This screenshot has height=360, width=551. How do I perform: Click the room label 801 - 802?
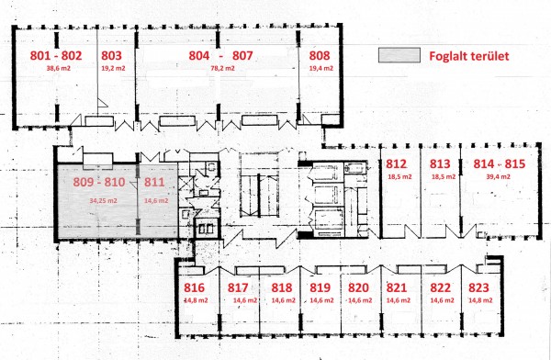click(56, 55)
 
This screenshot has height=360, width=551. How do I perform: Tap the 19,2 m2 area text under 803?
click(113, 68)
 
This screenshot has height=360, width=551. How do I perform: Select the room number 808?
click(320, 55)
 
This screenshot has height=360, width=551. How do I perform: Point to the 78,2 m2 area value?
click(222, 68)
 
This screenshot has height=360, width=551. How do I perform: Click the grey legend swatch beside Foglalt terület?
click(399, 55)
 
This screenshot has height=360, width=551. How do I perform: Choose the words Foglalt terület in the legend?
click(468, 56)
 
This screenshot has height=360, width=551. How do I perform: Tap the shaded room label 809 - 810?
click(99, 182)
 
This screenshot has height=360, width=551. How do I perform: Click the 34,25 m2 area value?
click(103, 201)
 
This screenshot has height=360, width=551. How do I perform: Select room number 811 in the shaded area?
click(154, 182)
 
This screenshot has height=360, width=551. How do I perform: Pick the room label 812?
click(397, 163)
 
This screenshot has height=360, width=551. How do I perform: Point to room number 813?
click(440, 163)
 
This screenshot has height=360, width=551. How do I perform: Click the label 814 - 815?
click(500, 163)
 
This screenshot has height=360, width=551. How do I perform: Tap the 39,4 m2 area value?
click(499, 176)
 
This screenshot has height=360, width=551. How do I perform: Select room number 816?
click(194, 288)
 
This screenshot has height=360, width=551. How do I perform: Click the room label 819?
click(320, 288)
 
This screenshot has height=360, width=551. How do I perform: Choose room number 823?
click(478, 288)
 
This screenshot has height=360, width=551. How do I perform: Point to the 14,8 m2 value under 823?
click(480, 300)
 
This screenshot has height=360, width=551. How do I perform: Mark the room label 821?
click(397, 288)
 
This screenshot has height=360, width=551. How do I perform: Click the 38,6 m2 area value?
click(59, 68)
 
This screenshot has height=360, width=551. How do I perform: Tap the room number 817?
click(238, 288)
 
